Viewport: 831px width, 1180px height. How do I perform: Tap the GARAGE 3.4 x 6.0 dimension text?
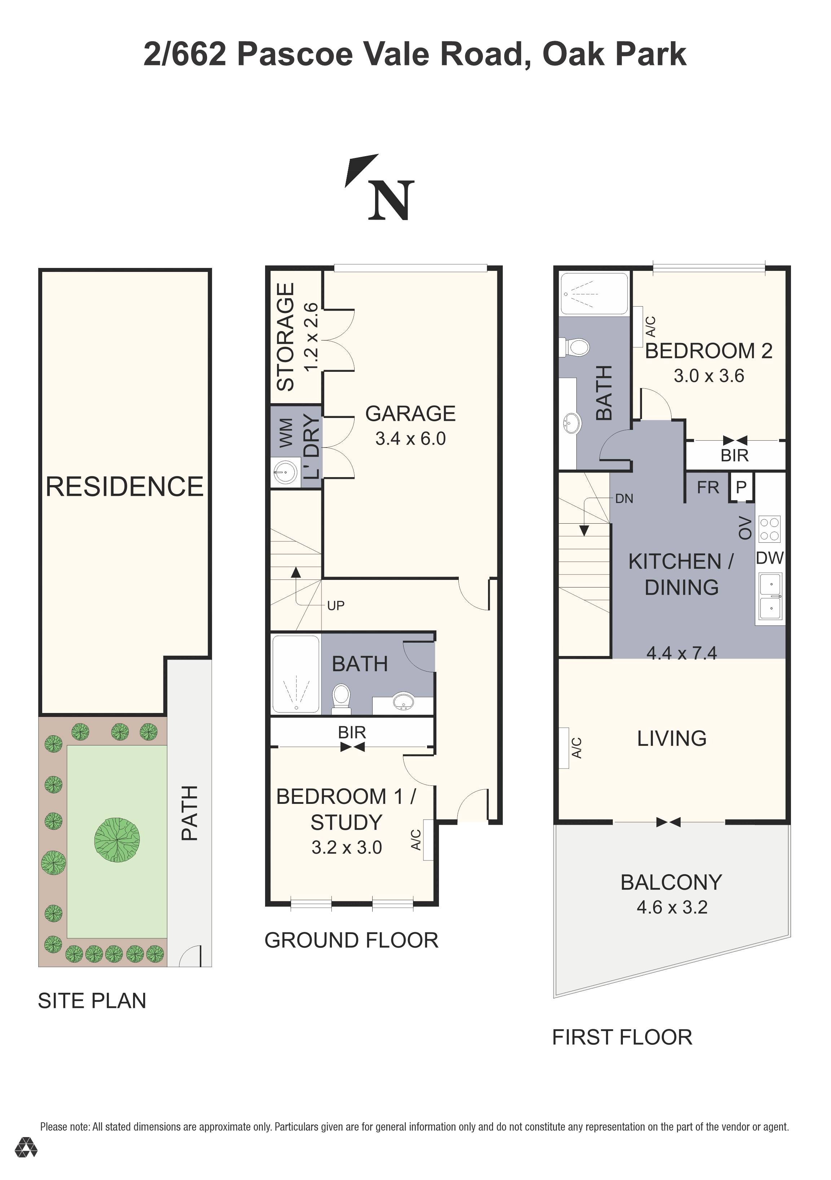(410, 439)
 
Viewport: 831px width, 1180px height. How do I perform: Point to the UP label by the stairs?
(335, 606)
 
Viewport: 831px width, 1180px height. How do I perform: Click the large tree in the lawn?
(117, 840)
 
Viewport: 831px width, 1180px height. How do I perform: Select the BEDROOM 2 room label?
(709, 351)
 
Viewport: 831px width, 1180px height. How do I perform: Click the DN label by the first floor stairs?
(624, 498)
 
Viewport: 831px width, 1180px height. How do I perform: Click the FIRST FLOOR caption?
(622, 1037)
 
